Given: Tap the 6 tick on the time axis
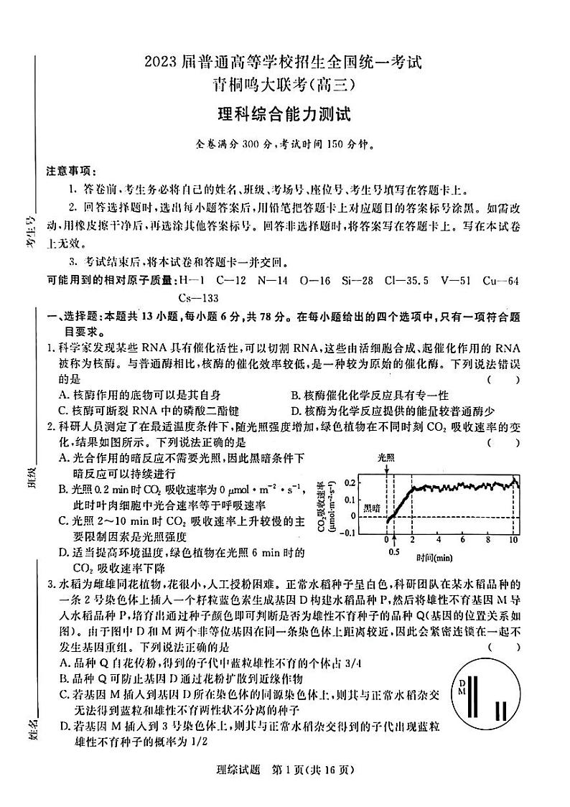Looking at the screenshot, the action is point(463,539).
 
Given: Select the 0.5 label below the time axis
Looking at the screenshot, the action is point(393,552).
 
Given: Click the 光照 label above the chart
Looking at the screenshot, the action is point(386,457).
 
